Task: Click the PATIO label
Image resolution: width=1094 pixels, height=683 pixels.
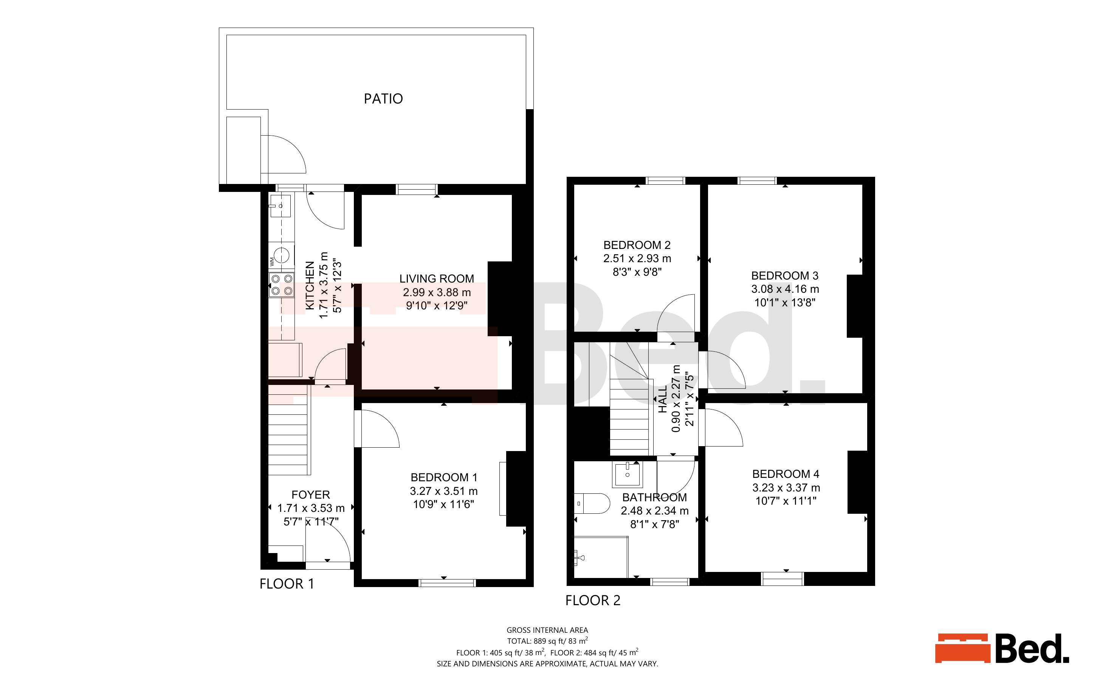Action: coord(383,99)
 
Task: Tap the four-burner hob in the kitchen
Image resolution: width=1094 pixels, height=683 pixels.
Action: coord(281,284)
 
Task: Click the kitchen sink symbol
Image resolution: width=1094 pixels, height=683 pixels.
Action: coord(280,206)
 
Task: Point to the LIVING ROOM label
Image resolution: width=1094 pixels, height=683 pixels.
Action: coord(437,279)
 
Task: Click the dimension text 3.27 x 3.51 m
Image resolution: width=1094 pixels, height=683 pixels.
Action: coord(443,491)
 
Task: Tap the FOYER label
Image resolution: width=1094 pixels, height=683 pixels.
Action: coord(310,494)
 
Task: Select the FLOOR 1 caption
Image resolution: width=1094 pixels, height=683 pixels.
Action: coord(287,584)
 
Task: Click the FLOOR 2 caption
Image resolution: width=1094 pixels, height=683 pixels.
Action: coord(593,600)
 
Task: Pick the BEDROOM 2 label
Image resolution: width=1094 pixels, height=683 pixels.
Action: coord(637,245)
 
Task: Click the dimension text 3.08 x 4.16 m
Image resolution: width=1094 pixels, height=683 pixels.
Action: coord(785,289)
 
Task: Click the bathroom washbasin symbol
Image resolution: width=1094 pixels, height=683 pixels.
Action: coord(627,474)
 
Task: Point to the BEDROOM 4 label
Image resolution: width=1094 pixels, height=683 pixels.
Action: coord(786,474)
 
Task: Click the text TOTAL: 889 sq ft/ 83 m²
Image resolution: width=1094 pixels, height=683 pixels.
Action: coord(547,641)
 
